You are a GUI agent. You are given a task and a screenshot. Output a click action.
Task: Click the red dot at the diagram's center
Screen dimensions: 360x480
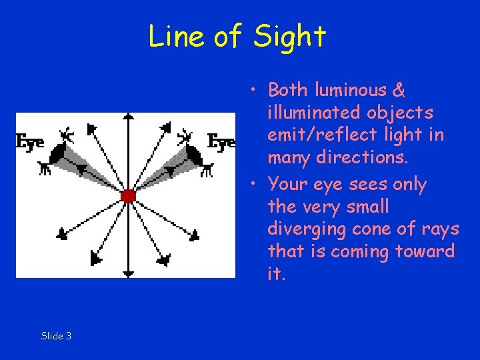click(129, 196)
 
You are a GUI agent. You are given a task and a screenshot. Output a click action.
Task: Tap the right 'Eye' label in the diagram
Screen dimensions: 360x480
click(221, 141)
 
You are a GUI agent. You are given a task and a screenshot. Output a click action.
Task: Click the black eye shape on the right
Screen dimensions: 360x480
click(195, 155)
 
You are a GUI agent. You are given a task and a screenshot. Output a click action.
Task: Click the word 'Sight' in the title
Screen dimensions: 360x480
click(289, 37)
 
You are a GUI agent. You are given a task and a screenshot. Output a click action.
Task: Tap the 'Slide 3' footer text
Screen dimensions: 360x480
click(56, 336)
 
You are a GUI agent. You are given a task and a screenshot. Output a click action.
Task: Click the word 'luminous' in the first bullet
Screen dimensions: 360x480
click(345, 90)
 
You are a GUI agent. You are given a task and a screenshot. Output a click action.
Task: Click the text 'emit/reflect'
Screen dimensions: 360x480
click(326, 135)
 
